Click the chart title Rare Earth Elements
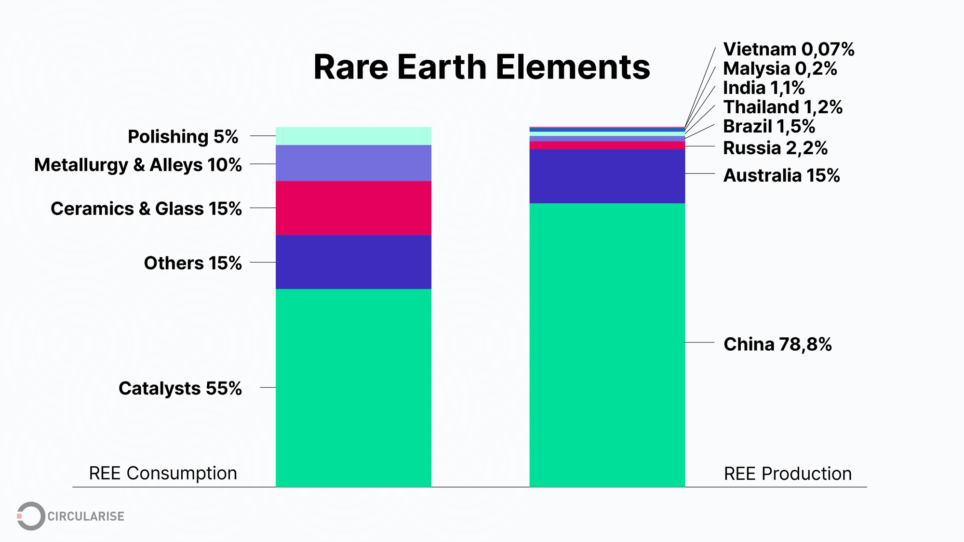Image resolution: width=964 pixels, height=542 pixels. [482, 67]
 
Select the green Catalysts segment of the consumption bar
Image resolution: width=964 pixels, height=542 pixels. [353, 387]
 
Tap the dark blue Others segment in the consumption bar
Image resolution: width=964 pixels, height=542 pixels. [353, 262]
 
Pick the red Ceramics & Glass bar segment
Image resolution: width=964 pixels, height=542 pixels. [353, 208]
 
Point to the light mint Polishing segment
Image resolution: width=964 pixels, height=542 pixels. [353, 136]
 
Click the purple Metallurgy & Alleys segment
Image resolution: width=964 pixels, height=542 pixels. [353, 163]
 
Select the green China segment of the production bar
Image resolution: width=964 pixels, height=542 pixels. [607, 344]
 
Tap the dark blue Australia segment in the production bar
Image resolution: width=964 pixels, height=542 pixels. [607, 176]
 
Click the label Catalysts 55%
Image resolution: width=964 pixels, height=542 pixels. [180, 388]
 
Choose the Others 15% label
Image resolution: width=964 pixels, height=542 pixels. [193, 263]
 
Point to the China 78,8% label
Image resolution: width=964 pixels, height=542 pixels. [777, 344]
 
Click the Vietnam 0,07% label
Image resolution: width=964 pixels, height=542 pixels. [789, 50]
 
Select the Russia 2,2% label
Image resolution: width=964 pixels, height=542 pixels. [775, 148]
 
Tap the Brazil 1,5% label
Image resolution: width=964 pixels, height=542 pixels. [769, 126]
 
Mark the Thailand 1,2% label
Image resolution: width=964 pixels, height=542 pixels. [783, 107]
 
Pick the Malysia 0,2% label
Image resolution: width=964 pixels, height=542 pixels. [780, 69]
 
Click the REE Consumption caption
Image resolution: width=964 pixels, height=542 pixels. [163, 473]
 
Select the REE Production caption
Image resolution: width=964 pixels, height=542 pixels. [788, 474]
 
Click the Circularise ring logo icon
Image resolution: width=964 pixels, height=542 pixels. [31, 516]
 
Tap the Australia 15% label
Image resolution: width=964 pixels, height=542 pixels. [781, 175]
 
